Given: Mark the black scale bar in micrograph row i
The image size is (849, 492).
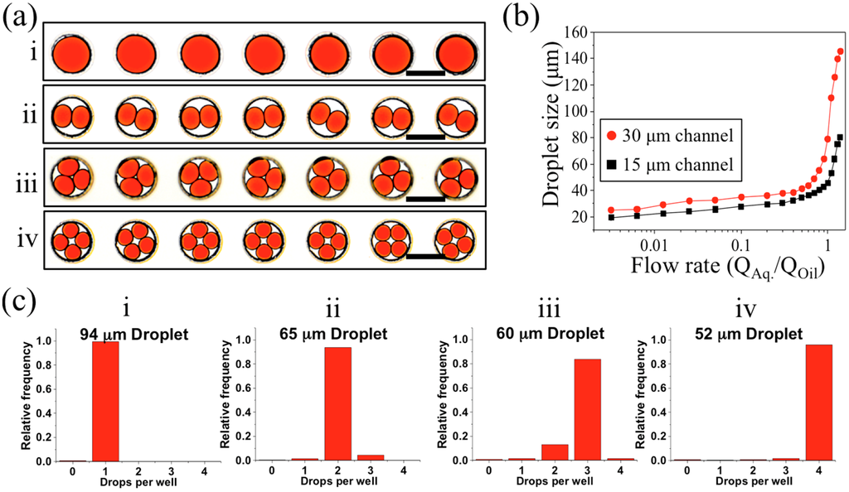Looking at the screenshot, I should click(x=425, y=73).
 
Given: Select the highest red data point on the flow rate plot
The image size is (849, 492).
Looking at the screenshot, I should click(x=840, y=51).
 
